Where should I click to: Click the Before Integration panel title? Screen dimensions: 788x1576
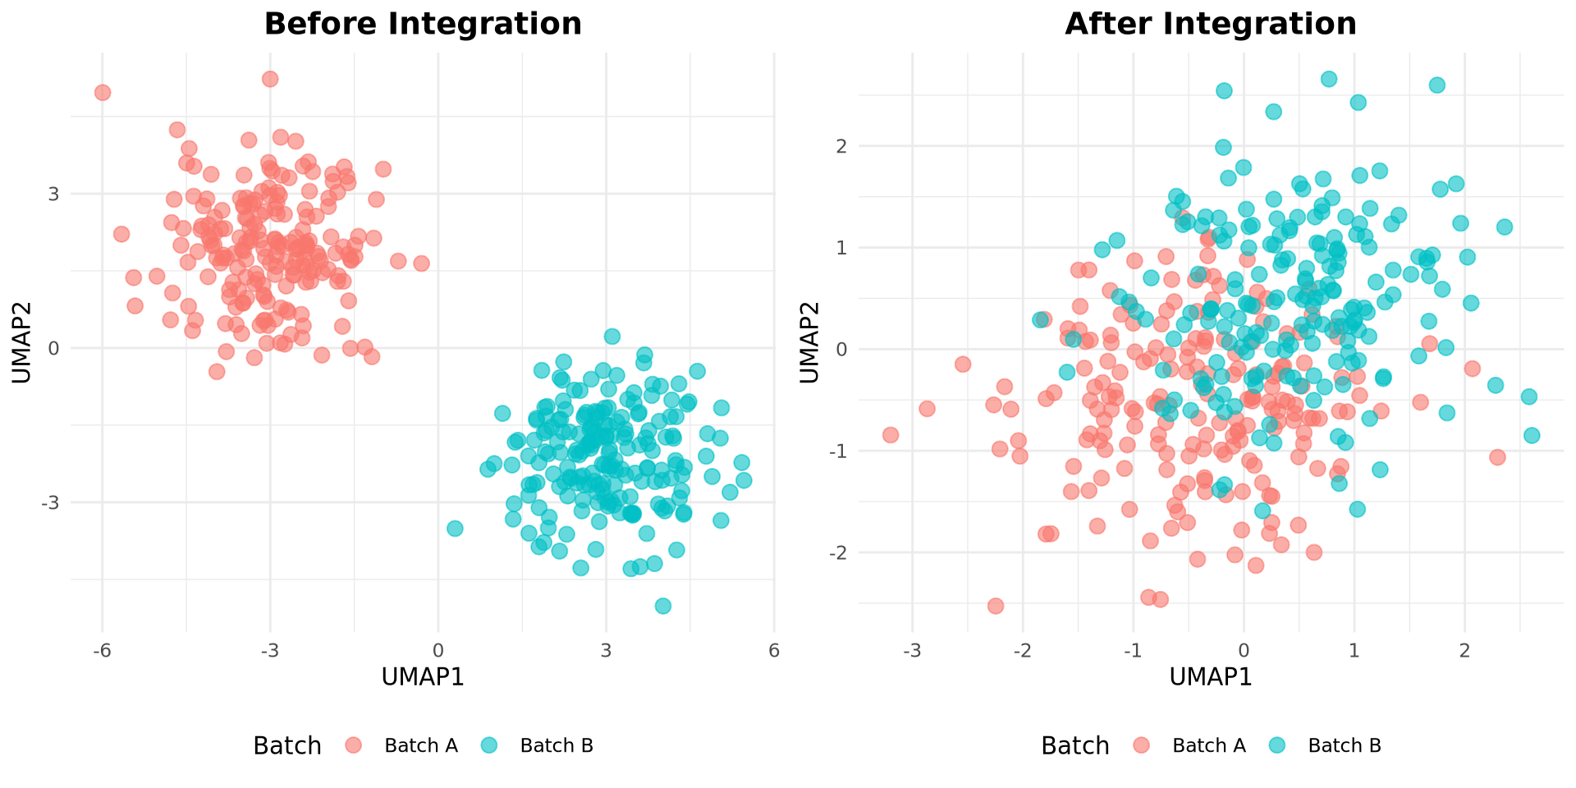tap(423, 24)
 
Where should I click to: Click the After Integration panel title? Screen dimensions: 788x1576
tap(1211, 24)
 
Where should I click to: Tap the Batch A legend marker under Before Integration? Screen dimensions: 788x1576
tap(353, 745)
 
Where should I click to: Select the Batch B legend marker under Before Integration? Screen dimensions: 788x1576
tap(488, 745)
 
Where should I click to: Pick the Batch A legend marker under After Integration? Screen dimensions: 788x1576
tap(1141, 745)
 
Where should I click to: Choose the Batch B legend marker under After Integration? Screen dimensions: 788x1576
tap(1276, 745)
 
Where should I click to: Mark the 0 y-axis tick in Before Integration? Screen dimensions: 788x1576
tap(53, 348)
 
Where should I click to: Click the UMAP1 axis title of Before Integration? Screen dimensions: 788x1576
tap(423, 677)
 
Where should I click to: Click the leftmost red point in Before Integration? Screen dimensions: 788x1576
tap(103, 93)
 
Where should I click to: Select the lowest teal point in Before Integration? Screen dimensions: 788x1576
tap(663, 606)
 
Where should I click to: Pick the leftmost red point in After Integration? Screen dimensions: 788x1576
tap(891, 434)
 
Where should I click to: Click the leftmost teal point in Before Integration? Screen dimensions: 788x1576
tap(455, 528)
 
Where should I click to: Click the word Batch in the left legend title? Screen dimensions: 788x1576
tap(287, 745)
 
